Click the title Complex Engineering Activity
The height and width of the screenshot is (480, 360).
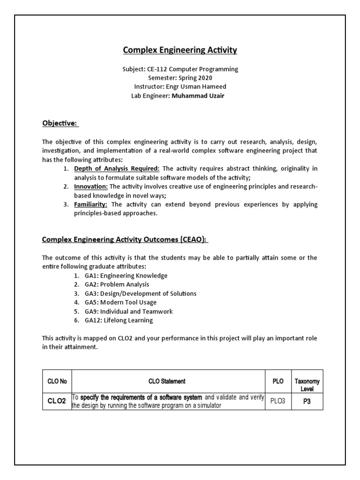(x=180, y=50)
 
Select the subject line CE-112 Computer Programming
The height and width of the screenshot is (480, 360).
(x=180, y=69)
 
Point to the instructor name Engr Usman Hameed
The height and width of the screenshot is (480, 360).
(x=195, y=87)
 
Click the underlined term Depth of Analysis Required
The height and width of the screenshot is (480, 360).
(x=117, y=168)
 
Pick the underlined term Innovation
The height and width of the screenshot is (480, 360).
(x=91, y=187)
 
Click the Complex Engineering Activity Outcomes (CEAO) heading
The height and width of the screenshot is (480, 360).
(x=125, y=240)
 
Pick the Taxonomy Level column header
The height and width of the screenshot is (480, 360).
(x=307, y=385)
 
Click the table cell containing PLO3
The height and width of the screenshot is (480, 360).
(x=278, y=402)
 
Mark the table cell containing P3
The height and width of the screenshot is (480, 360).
(x=307, y=402)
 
